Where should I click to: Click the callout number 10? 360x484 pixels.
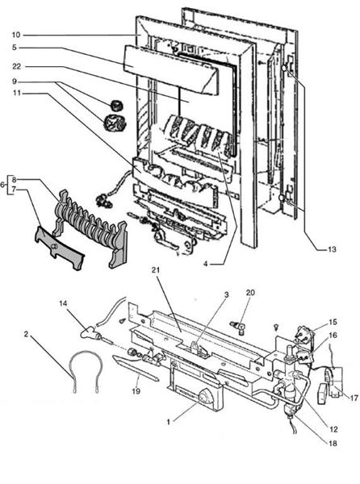(x=16, y=35)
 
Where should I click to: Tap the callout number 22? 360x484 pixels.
(x=16, y=66)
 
